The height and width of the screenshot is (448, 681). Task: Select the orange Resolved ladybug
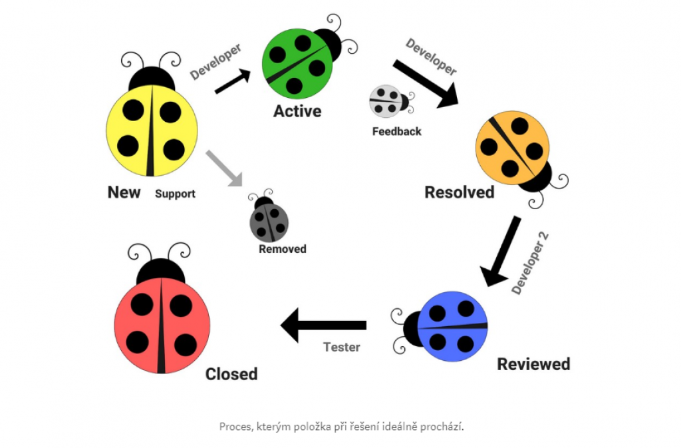[x=513, y=148]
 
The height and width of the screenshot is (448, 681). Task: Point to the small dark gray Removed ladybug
[x=269, y=220]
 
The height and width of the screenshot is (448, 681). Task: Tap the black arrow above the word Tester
[x=323, y=325]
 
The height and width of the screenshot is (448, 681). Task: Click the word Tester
[x=341, y=347]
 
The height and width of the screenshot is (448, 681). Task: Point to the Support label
[x=175, y=194]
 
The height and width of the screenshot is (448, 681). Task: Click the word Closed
[x=231, y=374]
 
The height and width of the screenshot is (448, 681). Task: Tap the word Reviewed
[x=533, y=364]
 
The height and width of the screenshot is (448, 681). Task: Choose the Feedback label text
[x=396, y=132]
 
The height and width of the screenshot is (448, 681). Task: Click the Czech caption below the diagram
[x=341, y=426]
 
